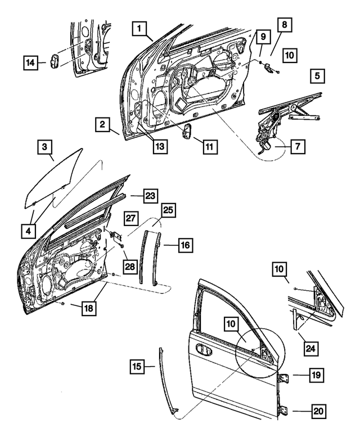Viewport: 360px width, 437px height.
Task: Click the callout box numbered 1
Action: point(140,28)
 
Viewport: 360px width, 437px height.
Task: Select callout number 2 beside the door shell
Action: point(102,125)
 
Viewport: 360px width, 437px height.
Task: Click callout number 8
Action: point(284,26)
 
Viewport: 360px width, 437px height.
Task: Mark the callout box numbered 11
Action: point(209,147)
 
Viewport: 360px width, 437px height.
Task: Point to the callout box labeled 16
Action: point(186,245)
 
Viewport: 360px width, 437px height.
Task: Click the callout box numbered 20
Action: point(318,412)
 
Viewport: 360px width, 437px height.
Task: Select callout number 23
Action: point(149,196)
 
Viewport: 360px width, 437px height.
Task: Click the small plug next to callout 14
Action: point(55,62)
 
